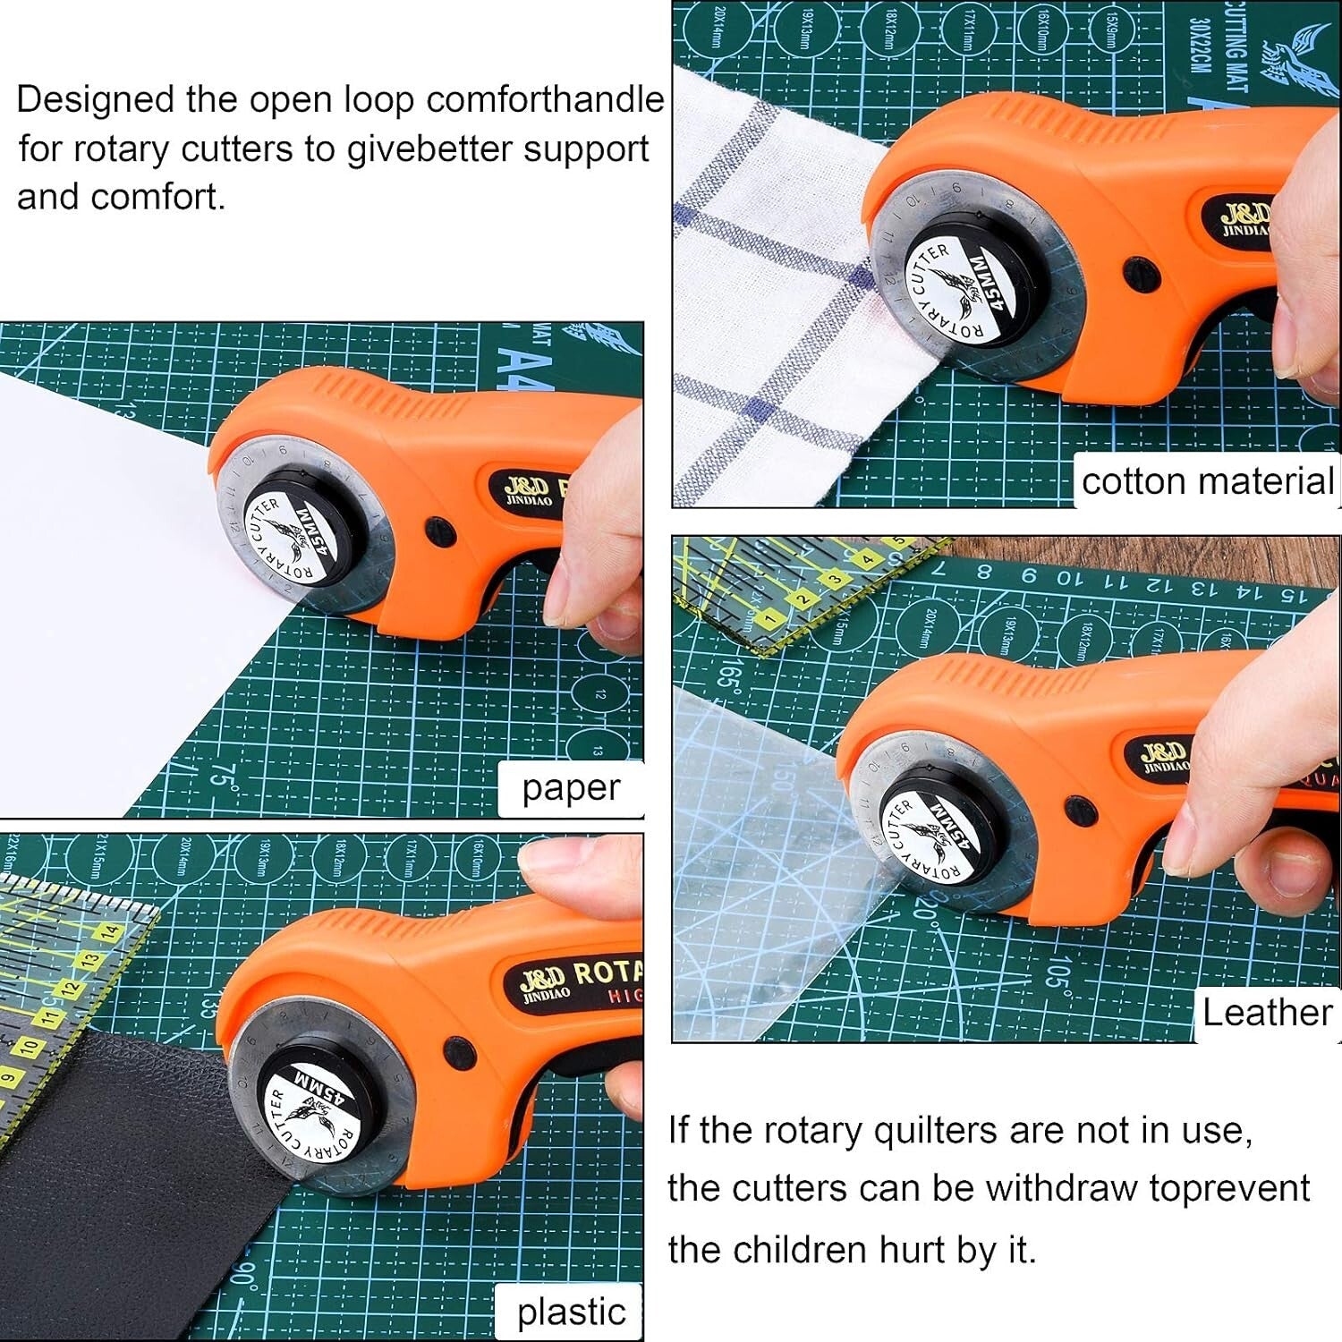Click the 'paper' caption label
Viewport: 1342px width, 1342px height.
571,788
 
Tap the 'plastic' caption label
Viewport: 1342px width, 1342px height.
571,1312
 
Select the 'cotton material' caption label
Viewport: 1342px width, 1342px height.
1207,481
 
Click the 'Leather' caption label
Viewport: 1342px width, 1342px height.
1267,1013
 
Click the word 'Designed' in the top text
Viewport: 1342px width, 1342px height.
95,99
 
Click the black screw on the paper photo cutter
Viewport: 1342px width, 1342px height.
439,530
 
